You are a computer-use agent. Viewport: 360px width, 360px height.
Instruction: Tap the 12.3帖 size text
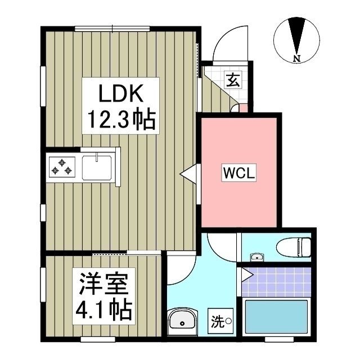click(x=119, y=119)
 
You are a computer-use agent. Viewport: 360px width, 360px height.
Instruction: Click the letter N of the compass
click(x=296, y=58)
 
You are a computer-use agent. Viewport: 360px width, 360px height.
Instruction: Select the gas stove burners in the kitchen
click(x=61, y=166)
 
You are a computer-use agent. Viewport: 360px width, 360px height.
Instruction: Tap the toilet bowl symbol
click(x=295, y=246)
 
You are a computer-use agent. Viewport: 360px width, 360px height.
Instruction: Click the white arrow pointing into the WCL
click(x=188, y=174)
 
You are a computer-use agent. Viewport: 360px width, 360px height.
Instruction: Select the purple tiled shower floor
click(x=277, y=281)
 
